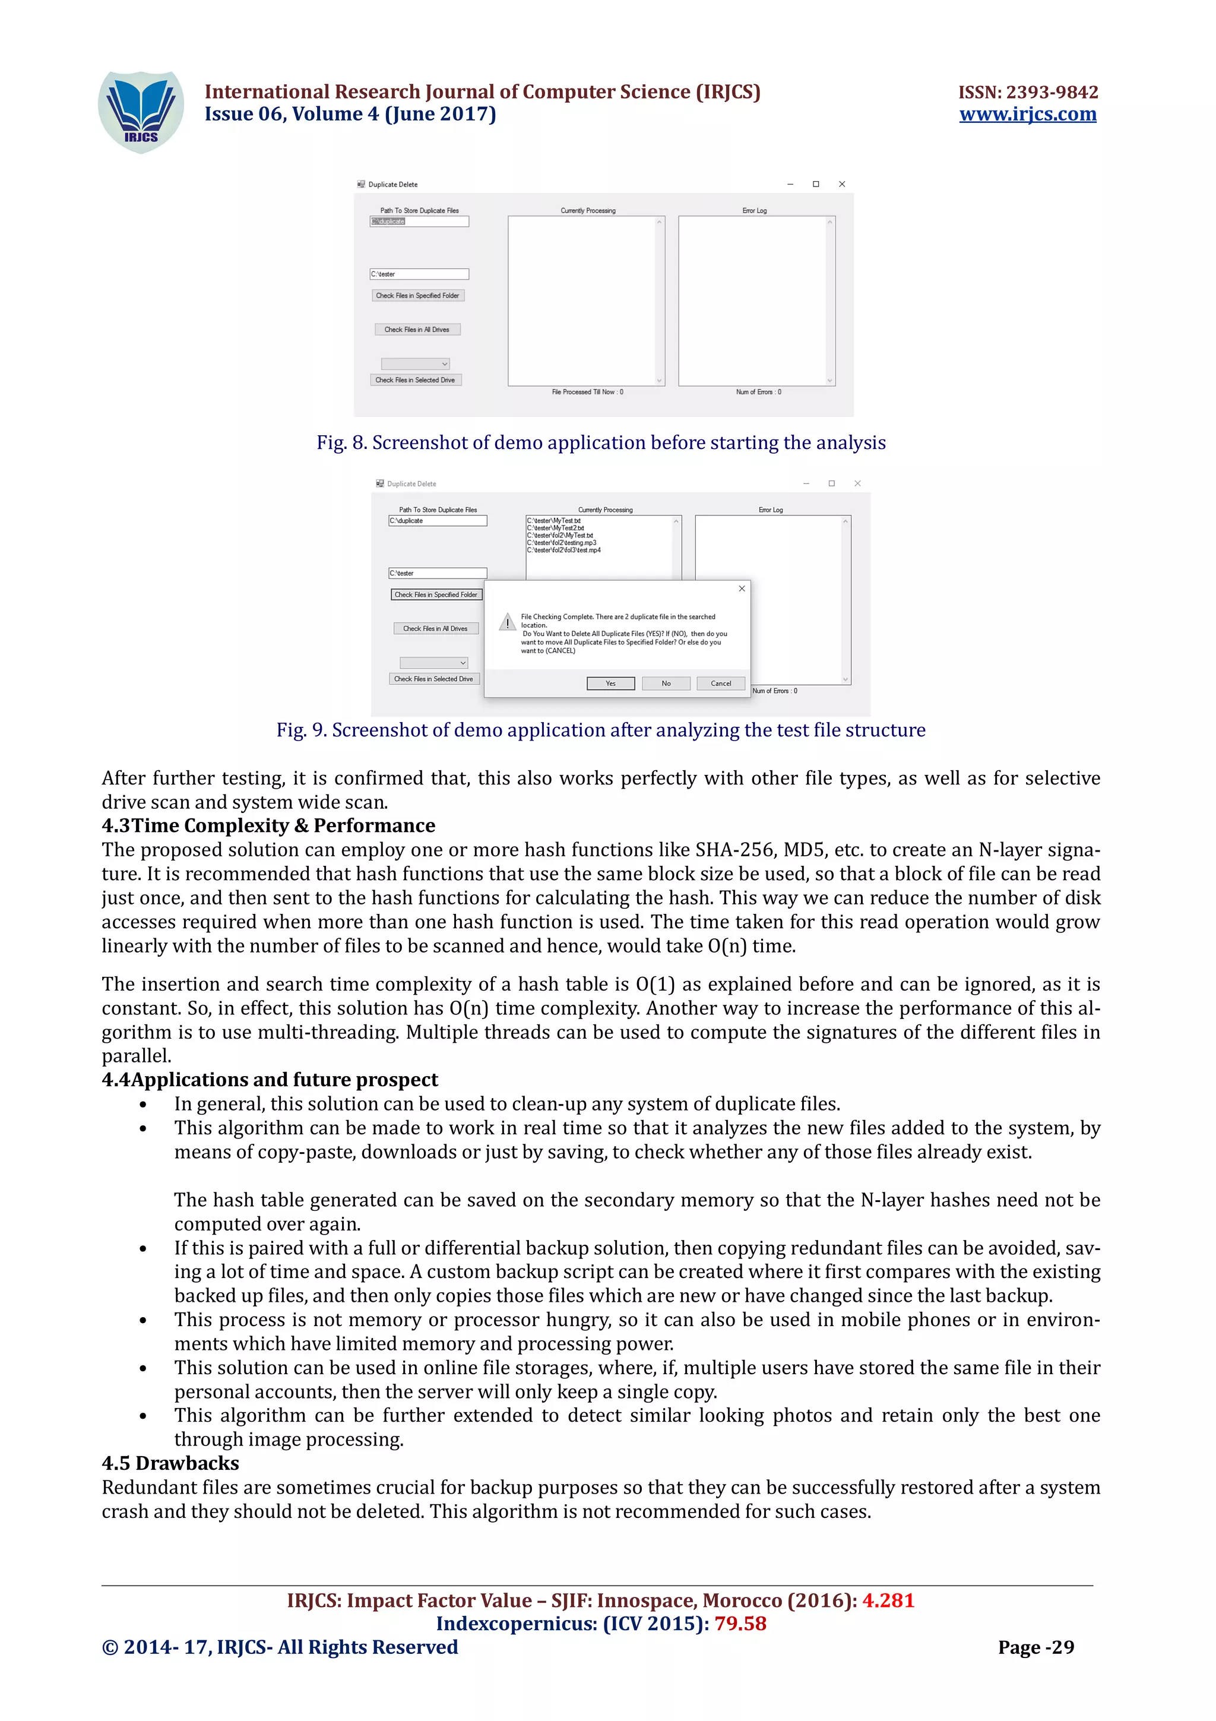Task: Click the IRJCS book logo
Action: pos(141,112)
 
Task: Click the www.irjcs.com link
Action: pos(1027,114)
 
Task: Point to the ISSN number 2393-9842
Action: pos(1027,92)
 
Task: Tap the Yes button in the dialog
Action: pos(610,683)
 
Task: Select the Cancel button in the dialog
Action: pos(720,683)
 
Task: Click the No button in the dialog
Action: pos(666,683)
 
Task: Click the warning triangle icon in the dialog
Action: pos(507,622)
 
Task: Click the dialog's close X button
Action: pos(741,589)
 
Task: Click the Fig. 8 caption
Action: pos(600,442)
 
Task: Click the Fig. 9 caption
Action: pos(600,729)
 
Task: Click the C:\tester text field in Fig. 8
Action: pos(419,274)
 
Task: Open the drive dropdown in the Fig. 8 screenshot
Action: pos(415,363)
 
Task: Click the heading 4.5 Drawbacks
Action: pos(170,1463)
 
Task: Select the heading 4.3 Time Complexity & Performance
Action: pos(268,825)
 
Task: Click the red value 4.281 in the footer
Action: pos(888,1600)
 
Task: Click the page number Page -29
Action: pos(1035,1647)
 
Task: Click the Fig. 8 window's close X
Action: pos(841,184)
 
